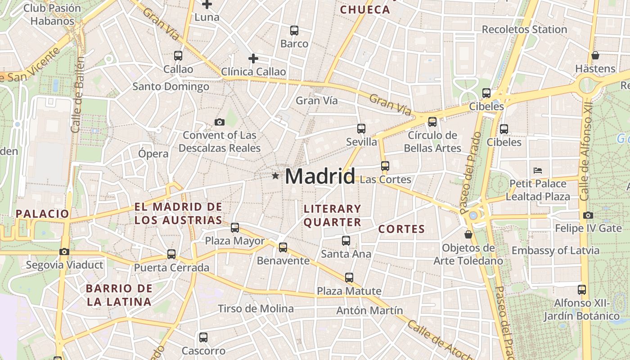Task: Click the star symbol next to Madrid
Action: point(275,175)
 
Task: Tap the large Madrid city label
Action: point(320,176)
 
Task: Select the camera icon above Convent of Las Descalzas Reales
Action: point(220,122)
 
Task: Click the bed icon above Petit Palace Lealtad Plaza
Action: point(537,171)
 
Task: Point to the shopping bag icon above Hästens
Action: point(595,55)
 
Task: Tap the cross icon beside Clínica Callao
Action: point(253,58)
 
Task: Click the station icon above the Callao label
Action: point(178,56)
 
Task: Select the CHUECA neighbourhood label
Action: point(365,9)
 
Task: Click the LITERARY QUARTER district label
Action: point(333,215)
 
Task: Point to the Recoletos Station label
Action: point(524,30)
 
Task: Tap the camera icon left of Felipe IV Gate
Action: point(588,216)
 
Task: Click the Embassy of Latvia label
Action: point(555,251)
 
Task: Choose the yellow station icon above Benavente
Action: point(283,247)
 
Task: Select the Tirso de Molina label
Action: point(256,309)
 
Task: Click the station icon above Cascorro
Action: point(203,337)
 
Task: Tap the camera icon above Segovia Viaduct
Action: point(64,252)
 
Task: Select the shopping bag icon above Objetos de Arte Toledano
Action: point(468,234)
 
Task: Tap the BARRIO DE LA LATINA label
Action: point(119,295)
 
